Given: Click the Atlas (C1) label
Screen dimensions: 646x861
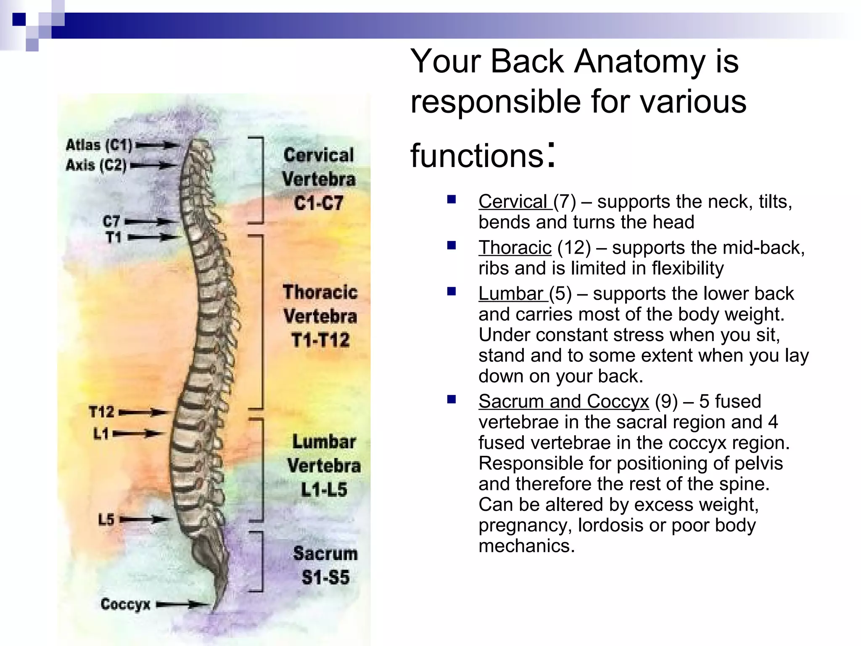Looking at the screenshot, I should [x=99, y=145].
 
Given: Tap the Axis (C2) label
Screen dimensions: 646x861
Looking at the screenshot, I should [x=96, y=165].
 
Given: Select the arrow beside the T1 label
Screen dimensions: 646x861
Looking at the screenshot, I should [x=154, y=238].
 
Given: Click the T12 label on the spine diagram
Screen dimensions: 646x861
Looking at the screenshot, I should [x=101, y=412].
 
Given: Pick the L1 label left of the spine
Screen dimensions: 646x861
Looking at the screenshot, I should [x=101, y=433].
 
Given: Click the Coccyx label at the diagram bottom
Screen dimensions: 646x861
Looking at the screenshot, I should [x=125, y=604].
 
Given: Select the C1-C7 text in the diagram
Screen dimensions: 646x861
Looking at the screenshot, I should [x=319, y=204].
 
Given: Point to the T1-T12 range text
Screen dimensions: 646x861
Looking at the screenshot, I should [x=320, y=340].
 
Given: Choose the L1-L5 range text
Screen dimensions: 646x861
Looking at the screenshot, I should [x=324, y=490].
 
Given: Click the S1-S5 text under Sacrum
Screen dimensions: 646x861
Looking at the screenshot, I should [x=325, y=577].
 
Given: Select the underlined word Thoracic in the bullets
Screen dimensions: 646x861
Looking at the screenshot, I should [x=515, y=247].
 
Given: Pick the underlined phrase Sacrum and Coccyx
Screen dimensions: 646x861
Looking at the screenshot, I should [x=563, y=401].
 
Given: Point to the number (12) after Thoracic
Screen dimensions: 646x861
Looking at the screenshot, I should [x=574, y=247].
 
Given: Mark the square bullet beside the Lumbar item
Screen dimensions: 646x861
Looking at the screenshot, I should [x=452, y=291].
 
